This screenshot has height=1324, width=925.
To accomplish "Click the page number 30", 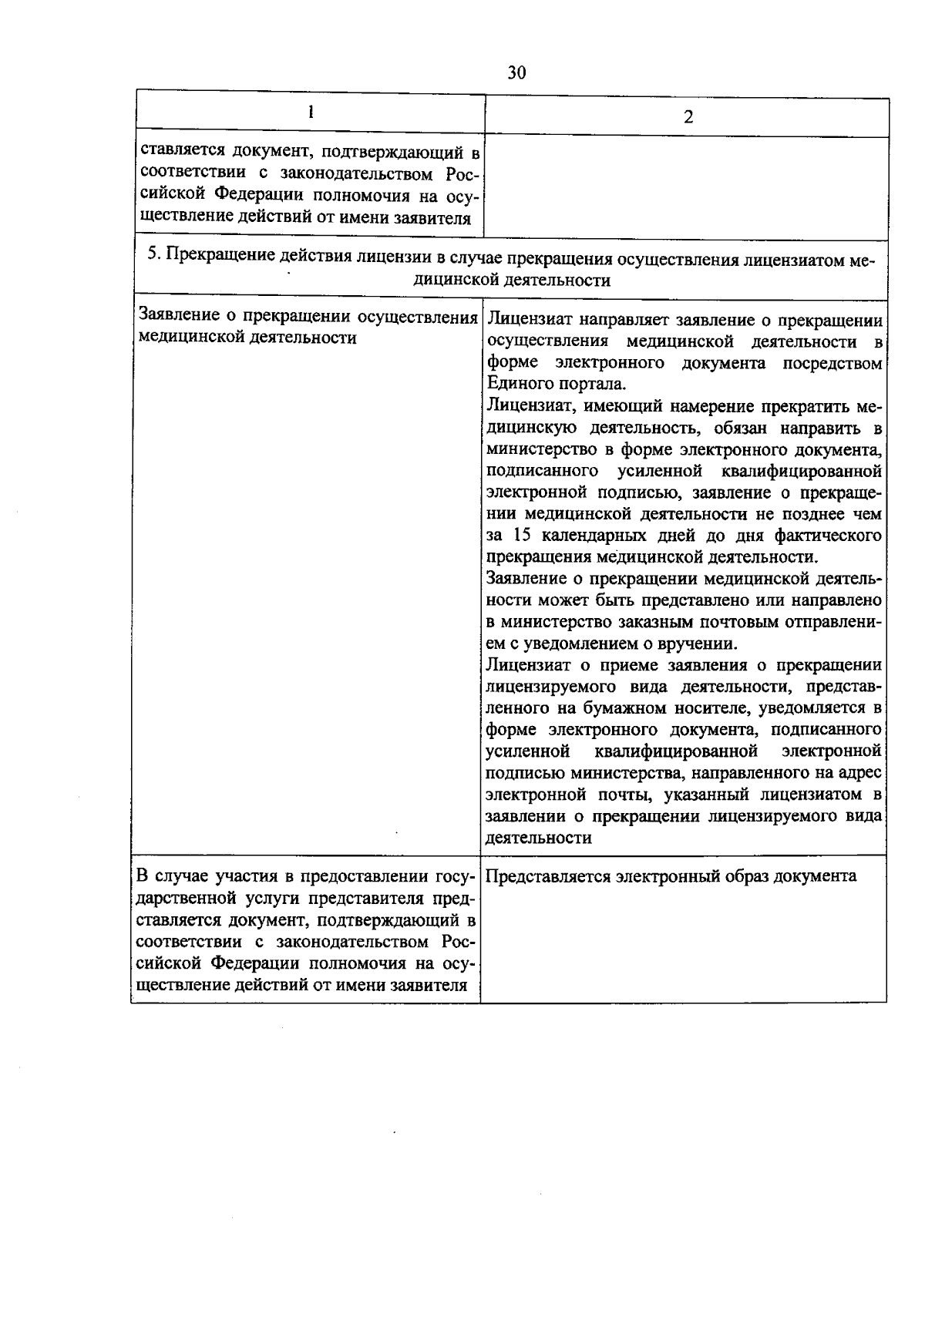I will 516,72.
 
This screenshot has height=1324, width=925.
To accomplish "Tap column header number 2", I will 688,117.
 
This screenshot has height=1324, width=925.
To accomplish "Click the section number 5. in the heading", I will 153,254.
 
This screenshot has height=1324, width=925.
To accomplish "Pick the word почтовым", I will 740,621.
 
